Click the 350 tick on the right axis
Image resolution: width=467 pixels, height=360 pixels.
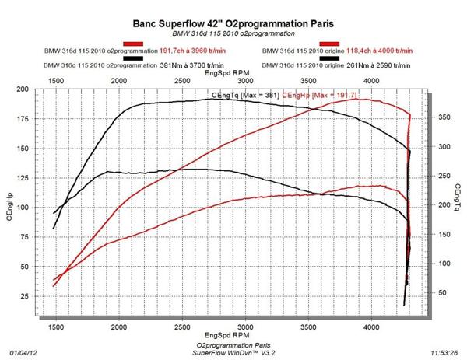(x=441, y=117)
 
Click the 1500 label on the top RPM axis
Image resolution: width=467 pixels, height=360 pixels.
(x=56, y=80)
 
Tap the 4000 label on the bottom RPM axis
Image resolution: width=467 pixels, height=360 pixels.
(x=372, y=328)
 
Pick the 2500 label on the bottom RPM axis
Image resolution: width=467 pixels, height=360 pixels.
(x=182, y=328)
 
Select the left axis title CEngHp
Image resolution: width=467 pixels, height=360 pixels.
(x=10, y=206)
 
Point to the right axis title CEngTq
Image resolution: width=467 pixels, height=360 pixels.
(x=458, y=199)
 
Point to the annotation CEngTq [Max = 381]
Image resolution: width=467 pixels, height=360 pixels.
(x=243, y=95)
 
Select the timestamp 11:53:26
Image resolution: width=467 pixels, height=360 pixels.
(x=443, y=351)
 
